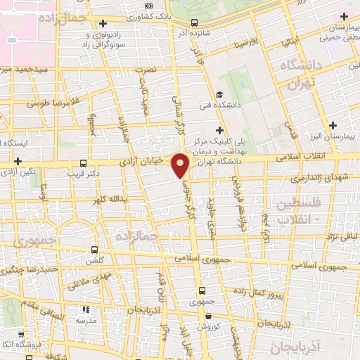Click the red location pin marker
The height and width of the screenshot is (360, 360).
click(181, 165)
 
